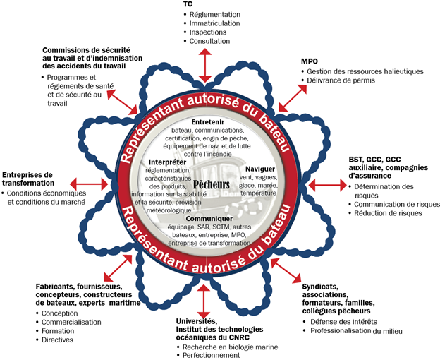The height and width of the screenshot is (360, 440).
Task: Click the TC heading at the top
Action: tap(188, 4)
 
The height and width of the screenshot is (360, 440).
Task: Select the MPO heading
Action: tap(310, 61)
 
